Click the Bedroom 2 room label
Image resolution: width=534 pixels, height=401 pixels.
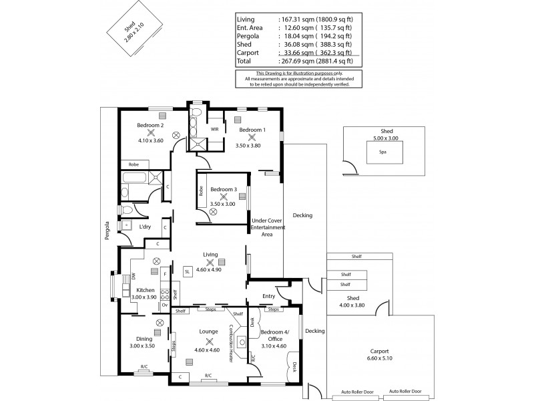150,124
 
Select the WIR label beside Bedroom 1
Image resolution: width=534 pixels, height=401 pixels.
214,129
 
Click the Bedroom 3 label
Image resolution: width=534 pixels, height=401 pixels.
223,189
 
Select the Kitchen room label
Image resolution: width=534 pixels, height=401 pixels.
146,290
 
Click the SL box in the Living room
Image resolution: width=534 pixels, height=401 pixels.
187,271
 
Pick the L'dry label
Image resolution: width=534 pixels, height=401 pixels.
145,227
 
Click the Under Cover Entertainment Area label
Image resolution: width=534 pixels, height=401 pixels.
268,228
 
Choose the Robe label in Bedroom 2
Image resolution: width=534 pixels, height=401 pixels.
133,164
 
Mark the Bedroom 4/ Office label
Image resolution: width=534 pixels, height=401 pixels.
274,336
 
